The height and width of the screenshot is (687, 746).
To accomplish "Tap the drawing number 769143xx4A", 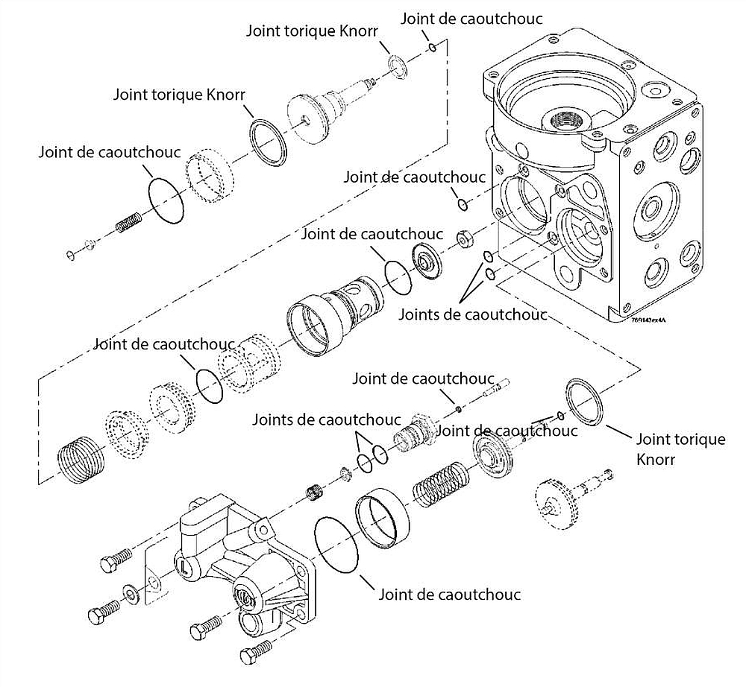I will [x=647, y=320].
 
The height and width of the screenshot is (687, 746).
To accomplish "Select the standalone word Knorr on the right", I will [x=656, y=460].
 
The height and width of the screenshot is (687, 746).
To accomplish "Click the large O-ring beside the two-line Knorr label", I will [x=586, y=402].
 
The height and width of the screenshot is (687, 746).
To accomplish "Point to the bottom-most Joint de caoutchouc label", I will [x=449, y=594].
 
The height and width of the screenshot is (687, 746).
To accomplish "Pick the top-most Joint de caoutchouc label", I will [x=471, y=19].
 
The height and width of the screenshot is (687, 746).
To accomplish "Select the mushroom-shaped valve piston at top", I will [x=325, y=111].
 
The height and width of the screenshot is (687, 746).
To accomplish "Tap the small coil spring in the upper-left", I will [x=128, y=222].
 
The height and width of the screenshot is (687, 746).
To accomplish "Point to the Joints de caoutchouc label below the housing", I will [x=471, y=314].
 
